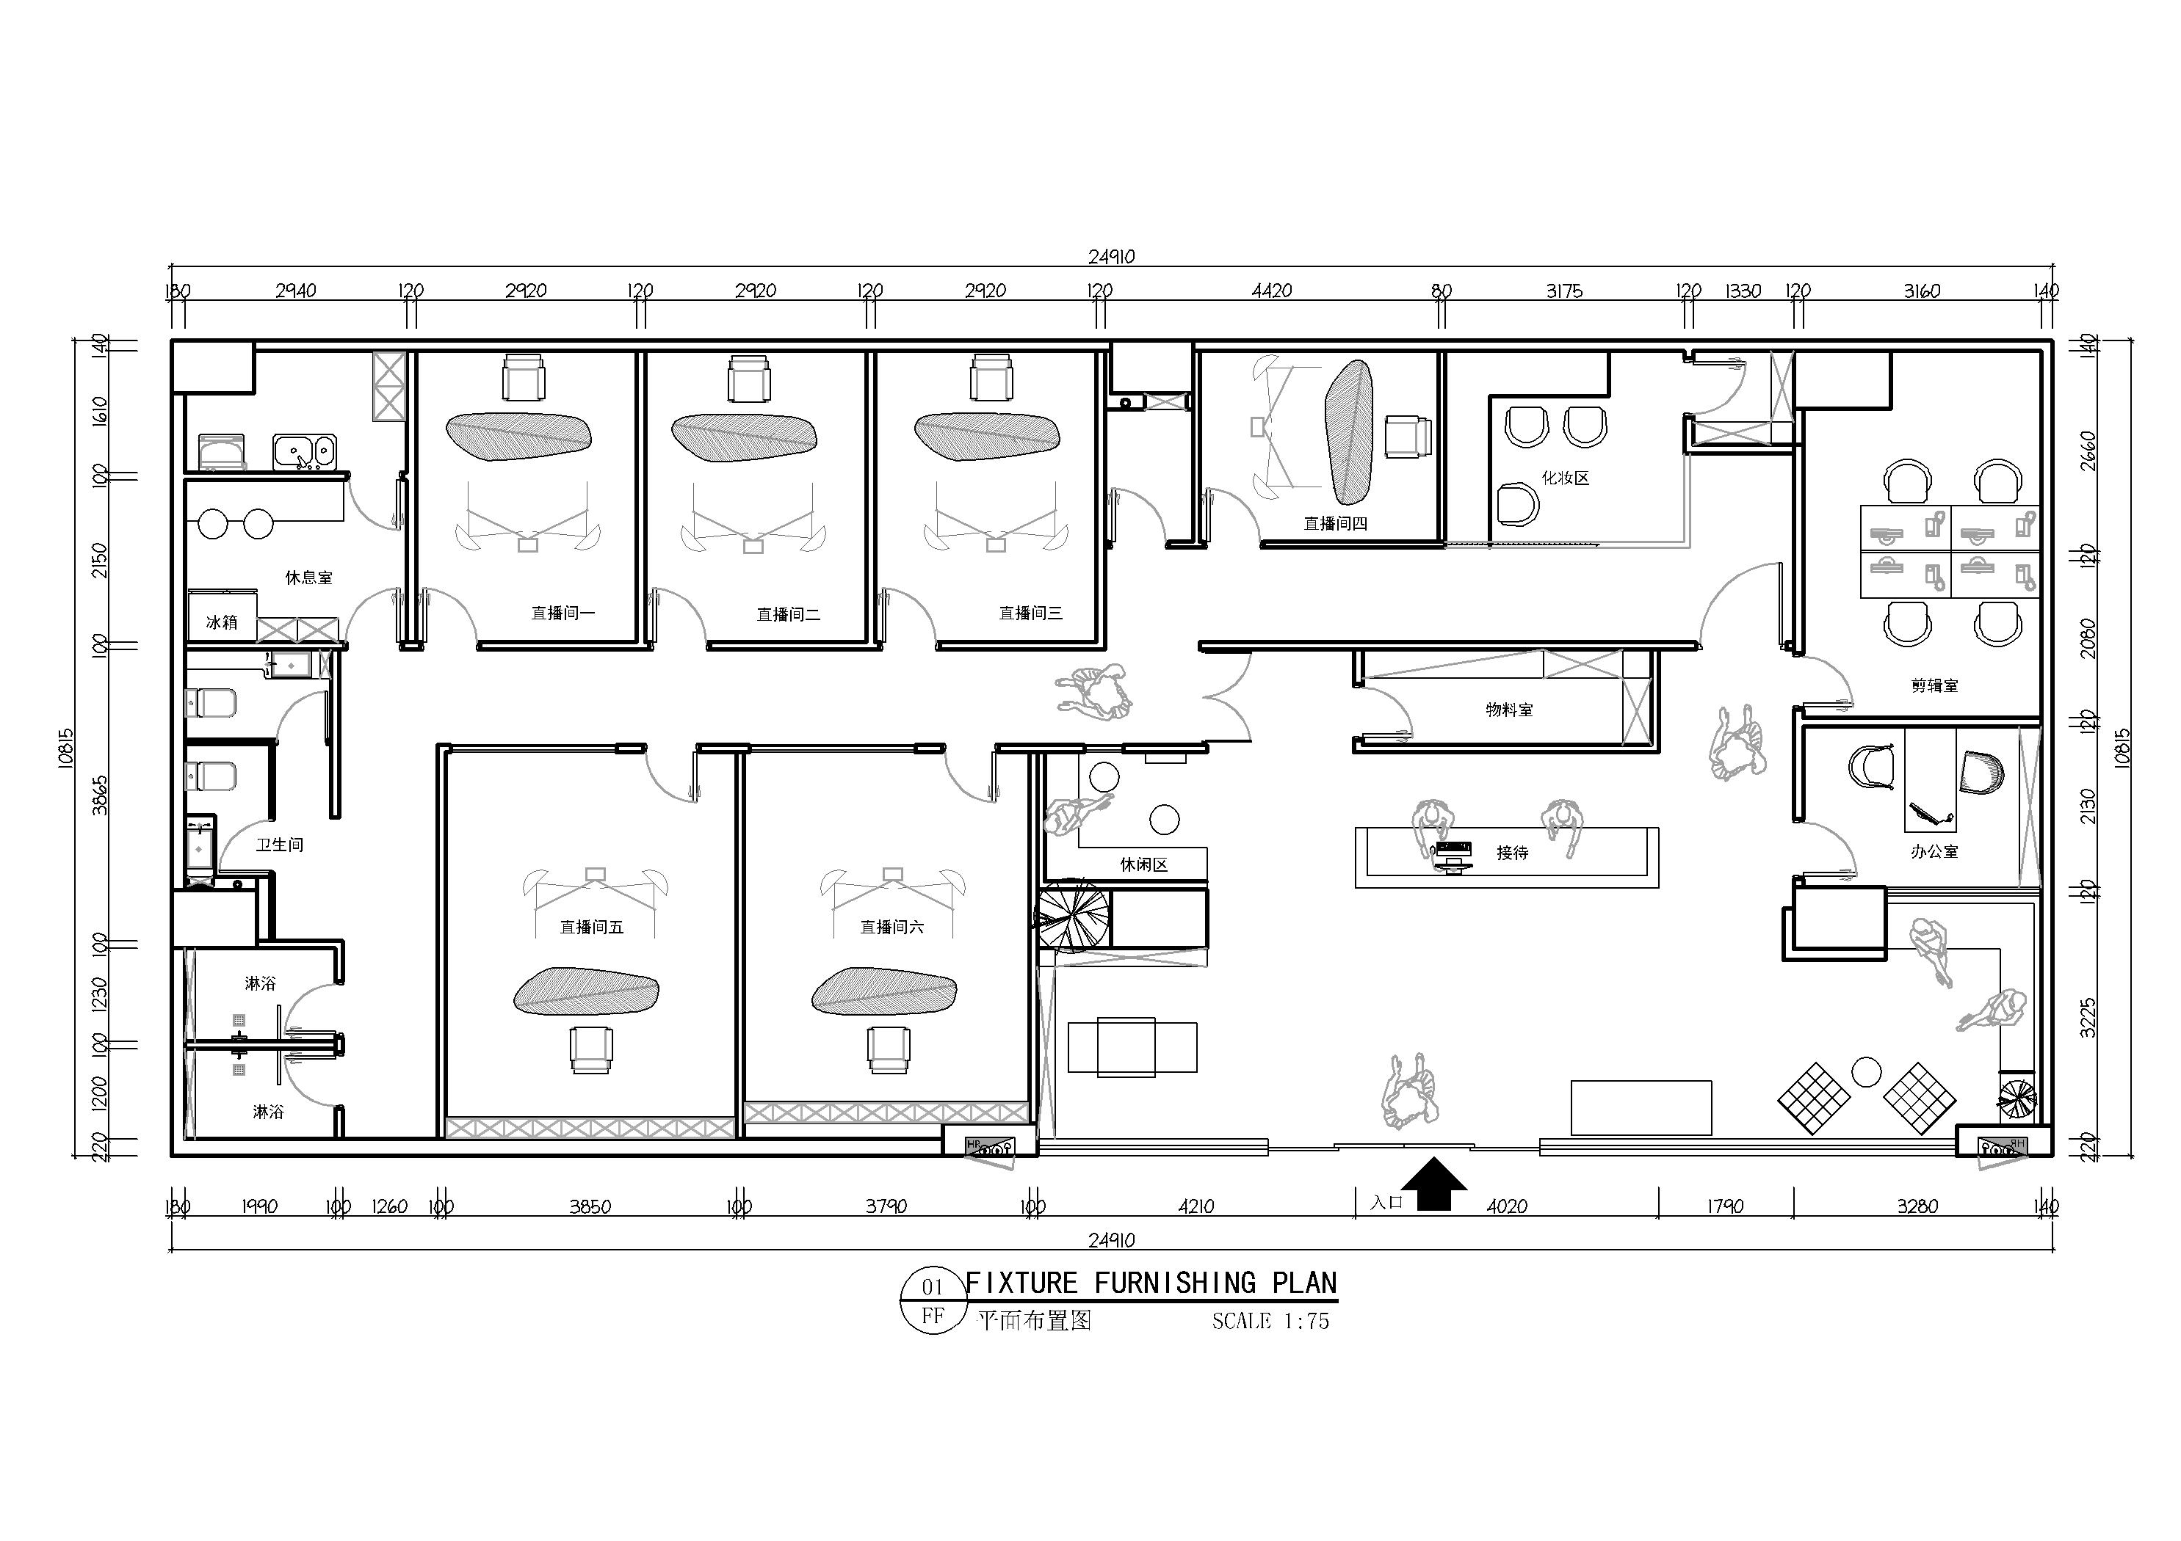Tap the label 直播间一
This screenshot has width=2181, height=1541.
[563, 613]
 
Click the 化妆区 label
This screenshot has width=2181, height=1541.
[1566, 478]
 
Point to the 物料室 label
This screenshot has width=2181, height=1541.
[1509, 710]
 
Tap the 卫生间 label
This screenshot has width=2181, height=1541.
[279, 844]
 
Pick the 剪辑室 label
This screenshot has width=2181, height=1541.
[1935, 685]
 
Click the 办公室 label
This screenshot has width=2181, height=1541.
[1935, 852]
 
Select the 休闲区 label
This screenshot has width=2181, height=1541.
[1143, 864]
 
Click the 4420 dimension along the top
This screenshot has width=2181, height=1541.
[1271, 291]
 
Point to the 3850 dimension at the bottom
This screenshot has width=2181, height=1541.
[590, 1207]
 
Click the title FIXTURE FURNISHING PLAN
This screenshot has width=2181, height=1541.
[1151, 1283]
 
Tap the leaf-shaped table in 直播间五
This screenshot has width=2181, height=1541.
[586, 991]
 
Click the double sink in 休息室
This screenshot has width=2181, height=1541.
[304, 451]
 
